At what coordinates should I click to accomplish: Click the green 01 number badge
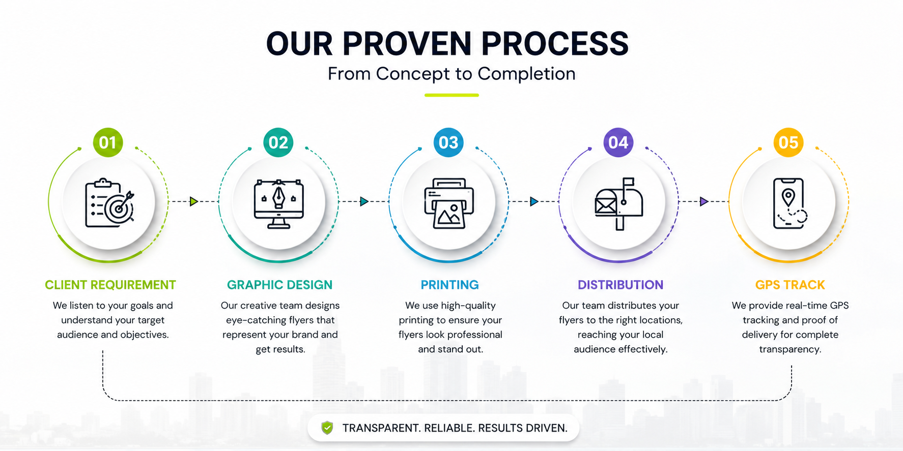[108, 142]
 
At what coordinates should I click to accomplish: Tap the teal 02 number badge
[278, 142]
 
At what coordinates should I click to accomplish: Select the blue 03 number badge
[448, 142]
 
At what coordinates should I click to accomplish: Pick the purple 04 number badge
[618, 142]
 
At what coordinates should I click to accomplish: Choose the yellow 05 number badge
[788, 142]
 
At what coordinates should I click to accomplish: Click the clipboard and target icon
[109, 203]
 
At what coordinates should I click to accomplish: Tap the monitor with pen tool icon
[279, 203]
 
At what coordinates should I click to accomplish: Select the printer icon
[449, 203]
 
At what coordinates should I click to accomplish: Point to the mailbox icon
[619, 204]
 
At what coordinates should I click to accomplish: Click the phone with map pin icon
[789, 203]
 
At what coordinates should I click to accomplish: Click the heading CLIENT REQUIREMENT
[110, 285]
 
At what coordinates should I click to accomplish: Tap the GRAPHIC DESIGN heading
[279, 285]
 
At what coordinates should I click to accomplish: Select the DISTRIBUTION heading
[620, 285]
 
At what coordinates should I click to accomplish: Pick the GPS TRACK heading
[790, 285]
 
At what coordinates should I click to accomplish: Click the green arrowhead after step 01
[194, 201]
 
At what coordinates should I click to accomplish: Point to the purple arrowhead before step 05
[704, 201]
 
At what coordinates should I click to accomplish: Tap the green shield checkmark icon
[327, 428]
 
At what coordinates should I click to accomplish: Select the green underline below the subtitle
[451, 95]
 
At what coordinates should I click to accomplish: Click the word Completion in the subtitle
[526, 74]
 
